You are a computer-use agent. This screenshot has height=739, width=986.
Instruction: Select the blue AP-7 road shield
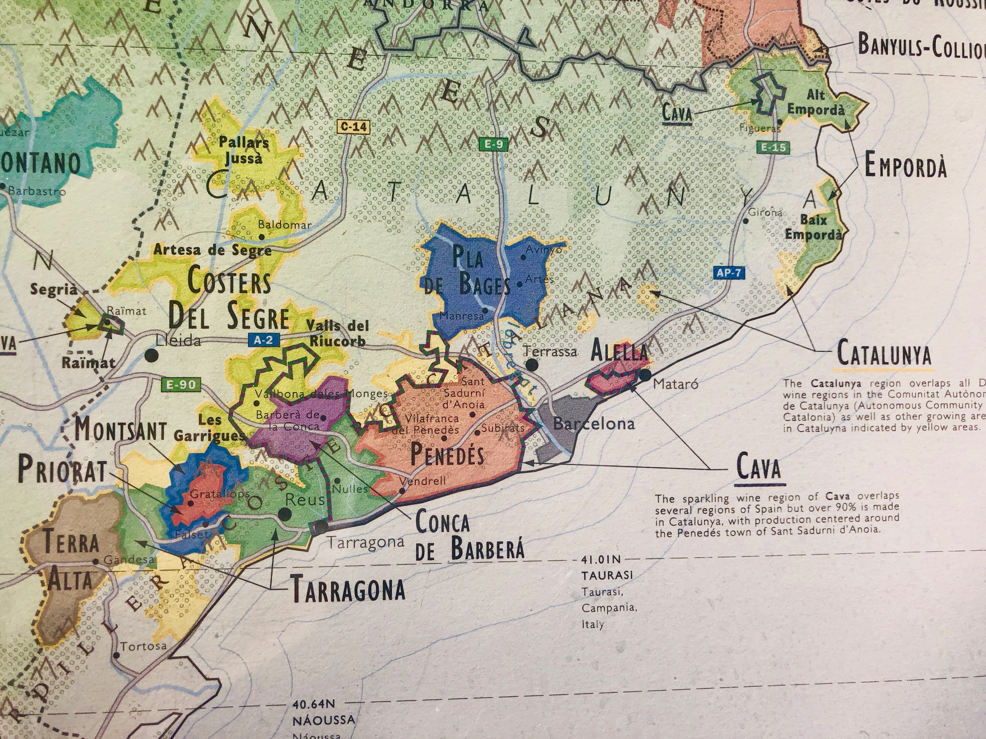(729, 272)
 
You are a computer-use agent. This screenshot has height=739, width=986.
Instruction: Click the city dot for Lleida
(152, 356)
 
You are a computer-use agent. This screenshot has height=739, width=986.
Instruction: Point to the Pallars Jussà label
(243, 150)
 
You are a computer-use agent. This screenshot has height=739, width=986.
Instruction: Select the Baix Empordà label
(814, 227)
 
